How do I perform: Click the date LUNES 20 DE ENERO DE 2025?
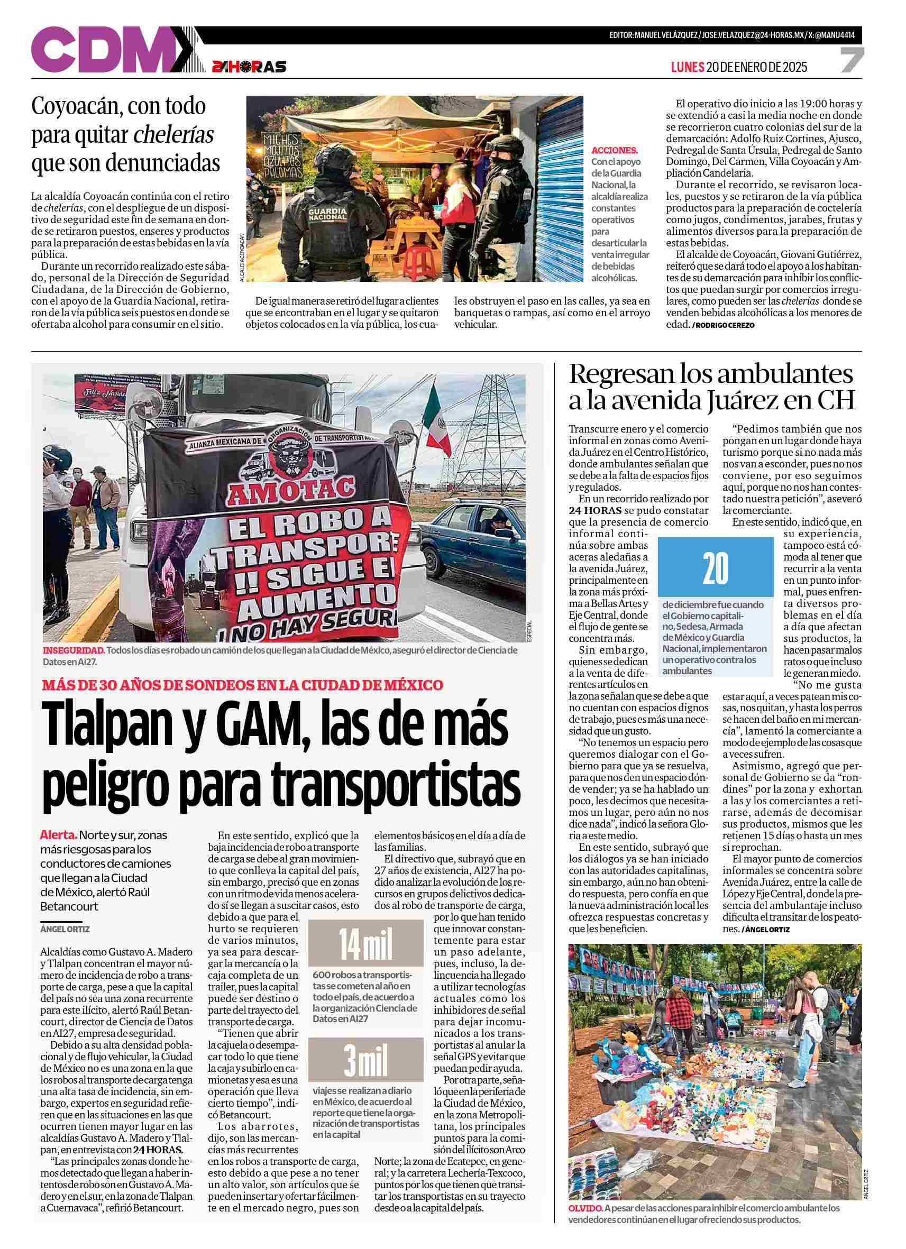point(738,67)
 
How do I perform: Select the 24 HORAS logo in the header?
point(249,67)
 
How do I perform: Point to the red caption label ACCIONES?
point(614,150)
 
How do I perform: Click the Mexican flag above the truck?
point(438,424)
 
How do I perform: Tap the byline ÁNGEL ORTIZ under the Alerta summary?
point(65,929)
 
